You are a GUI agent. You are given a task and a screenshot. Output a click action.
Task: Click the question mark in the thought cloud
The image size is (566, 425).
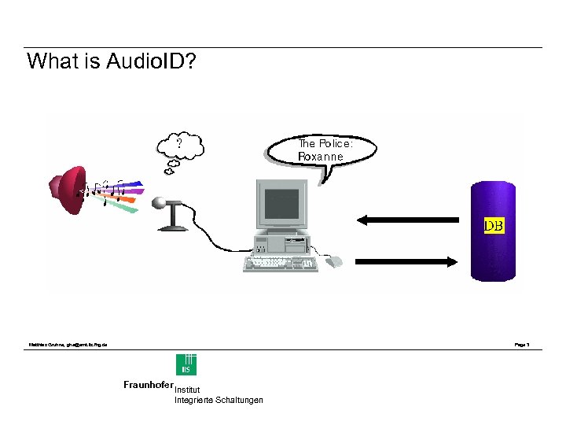click(180, 143)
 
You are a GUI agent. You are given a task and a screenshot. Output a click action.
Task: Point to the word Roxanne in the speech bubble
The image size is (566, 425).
click(321, 156)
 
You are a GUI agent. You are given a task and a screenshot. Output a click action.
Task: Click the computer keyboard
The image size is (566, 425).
click(281, 263)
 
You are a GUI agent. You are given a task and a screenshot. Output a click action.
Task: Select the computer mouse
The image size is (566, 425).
click(333, 261)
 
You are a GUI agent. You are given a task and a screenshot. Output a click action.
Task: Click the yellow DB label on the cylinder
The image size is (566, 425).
click(494, 226)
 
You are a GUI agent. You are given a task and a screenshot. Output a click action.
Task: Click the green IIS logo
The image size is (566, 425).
click(186, 365)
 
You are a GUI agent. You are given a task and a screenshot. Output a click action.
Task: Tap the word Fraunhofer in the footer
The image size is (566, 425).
click(148, 385)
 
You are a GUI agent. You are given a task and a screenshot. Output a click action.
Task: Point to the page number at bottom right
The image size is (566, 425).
click(522, 345)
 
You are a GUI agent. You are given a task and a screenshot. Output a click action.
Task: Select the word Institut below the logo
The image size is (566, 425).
click(187, 390)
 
